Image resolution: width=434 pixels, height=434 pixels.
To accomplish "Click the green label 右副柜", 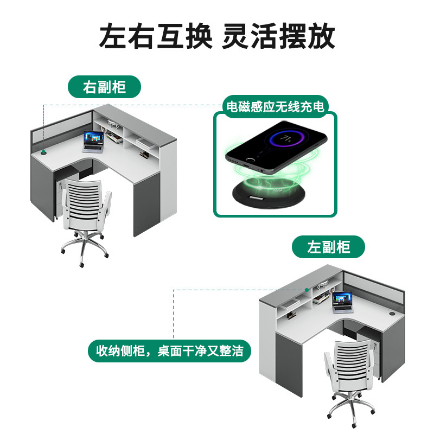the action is [104, 87].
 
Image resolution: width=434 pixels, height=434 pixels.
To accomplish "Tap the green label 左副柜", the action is [329, 247].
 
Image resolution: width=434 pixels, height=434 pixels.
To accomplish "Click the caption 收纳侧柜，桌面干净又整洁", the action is [170, 351].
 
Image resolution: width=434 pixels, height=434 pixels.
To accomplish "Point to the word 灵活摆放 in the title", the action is [279, 36].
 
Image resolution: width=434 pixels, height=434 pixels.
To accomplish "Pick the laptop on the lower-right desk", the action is [342, 301].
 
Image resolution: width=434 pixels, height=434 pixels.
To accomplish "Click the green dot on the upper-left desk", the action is [43, 153].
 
